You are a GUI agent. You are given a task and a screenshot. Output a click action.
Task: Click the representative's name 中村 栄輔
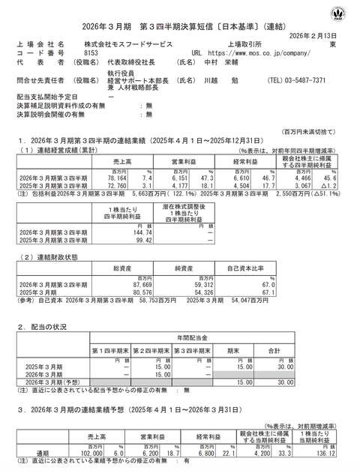pos(220,64)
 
